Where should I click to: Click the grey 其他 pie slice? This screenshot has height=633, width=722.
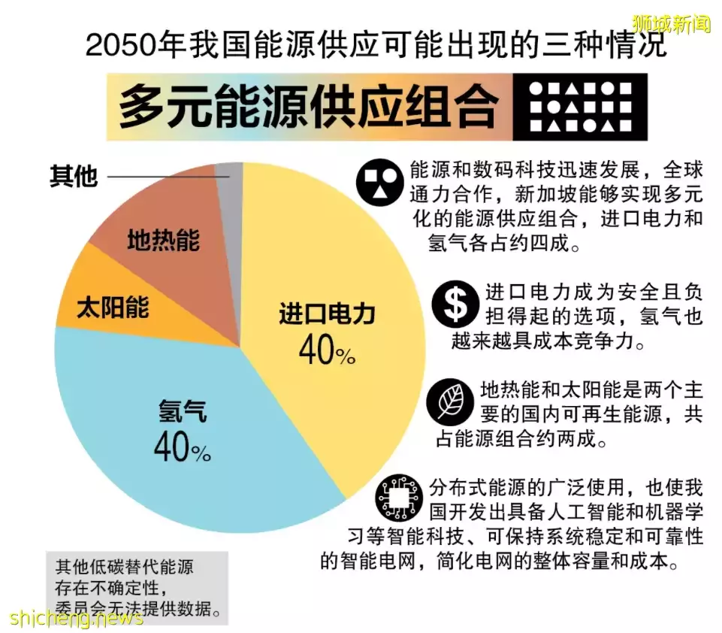(x=231, y=181)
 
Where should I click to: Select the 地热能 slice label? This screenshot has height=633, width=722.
(x=163, y=241)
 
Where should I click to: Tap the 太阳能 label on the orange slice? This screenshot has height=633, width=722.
(x=113, y=307)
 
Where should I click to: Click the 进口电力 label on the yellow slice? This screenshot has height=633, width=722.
(x=326, y=314)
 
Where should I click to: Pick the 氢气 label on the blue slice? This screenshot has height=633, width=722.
(x=183, y=411)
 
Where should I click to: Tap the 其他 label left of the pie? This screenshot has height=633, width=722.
(x=74, y=177)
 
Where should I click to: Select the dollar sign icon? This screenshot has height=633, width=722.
(x=455, y=304)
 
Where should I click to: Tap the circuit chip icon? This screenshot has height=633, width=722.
(x=399, y=498)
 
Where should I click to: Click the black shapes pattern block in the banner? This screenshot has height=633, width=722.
(x=580, y=107)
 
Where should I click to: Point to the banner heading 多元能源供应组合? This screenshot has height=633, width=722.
(x=308, y=108)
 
